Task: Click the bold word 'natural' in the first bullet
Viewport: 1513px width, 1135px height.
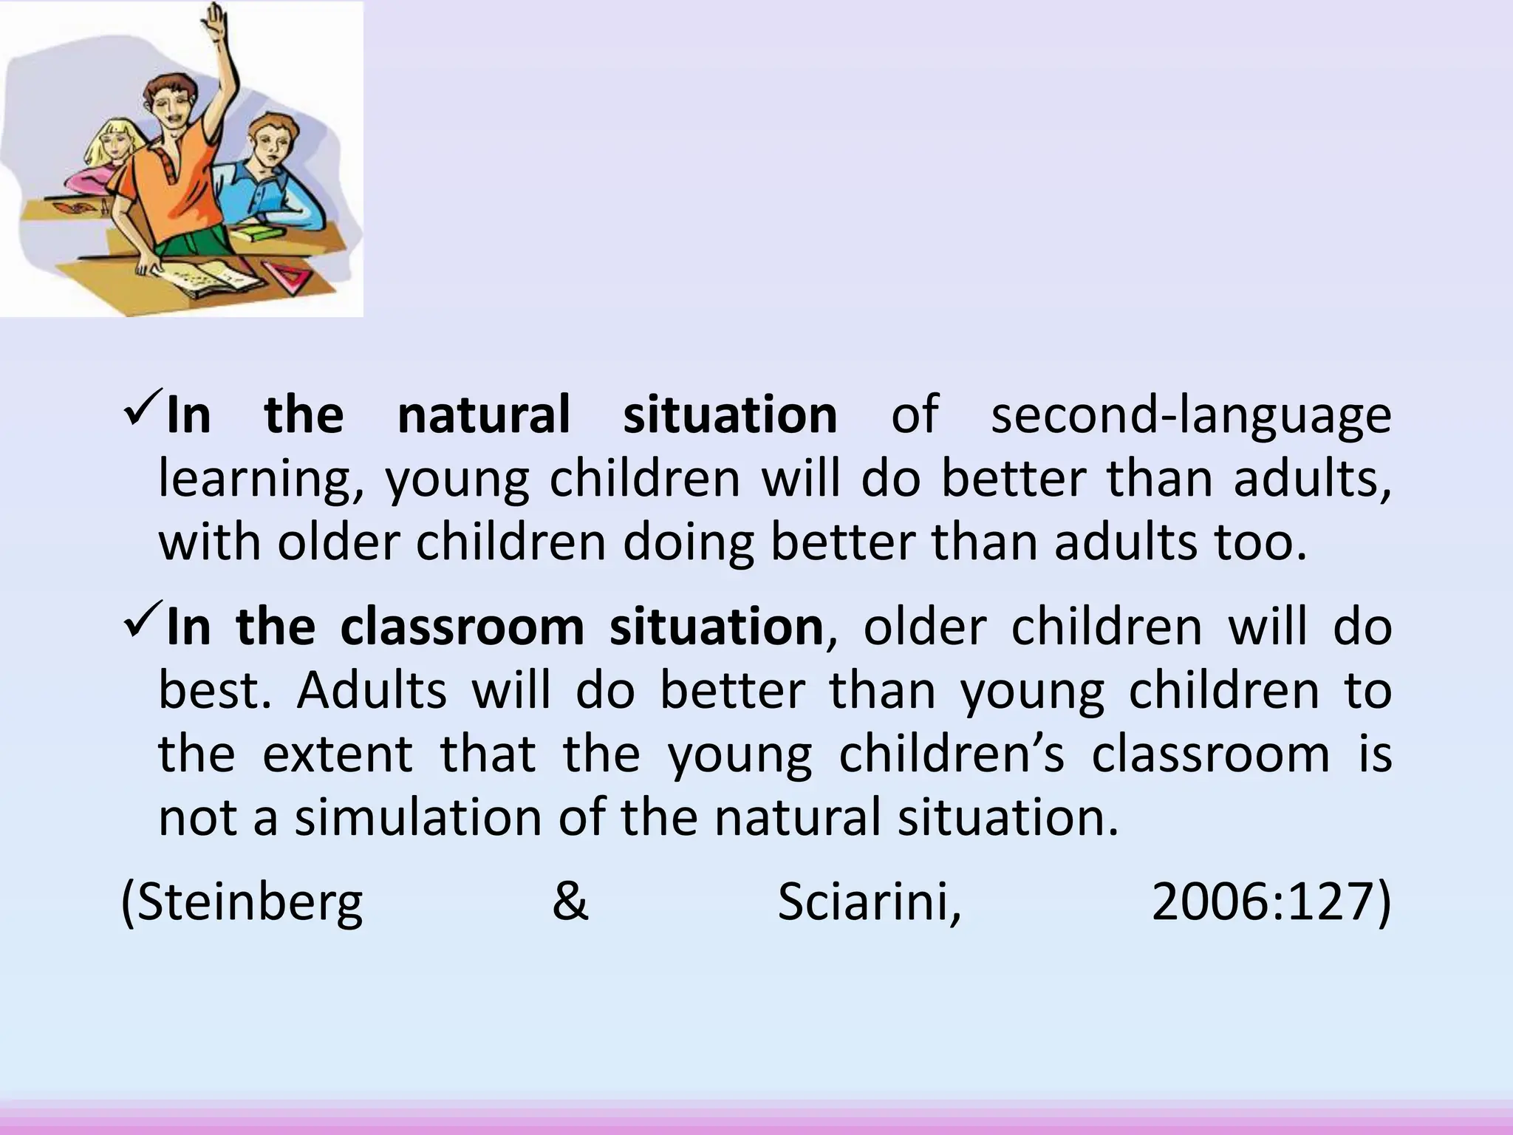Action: [484, 415]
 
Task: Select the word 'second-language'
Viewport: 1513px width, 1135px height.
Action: [1190, 415]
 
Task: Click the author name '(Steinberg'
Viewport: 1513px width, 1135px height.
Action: [242, 903]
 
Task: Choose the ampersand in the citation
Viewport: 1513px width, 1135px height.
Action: [570, 903]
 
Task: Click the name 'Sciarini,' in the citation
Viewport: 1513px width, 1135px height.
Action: [870, 903]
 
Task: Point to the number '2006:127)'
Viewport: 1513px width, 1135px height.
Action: [1271, 903]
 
